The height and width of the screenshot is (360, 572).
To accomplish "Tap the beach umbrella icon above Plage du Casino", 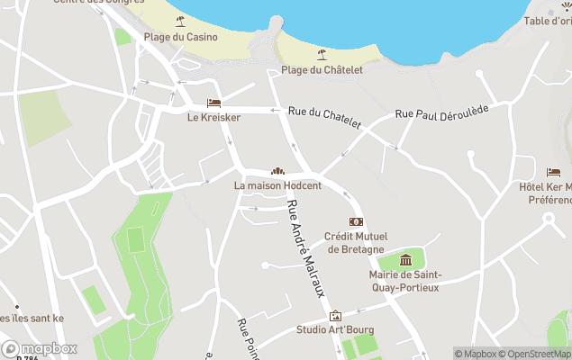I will tap(180, 21).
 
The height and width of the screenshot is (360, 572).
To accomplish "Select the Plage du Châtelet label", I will tap(309, 69).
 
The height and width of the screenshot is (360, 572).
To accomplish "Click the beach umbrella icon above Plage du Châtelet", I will tap(319, 53).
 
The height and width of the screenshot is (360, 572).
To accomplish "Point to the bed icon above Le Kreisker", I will tap(213, 103).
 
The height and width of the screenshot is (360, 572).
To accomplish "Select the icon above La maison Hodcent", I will tap(277, 171).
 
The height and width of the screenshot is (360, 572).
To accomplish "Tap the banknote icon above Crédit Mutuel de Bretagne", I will tap(356, 221).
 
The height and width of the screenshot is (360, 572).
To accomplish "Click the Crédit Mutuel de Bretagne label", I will tap(356, 242).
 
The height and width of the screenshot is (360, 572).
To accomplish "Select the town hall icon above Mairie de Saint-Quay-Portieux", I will tap(405, 261).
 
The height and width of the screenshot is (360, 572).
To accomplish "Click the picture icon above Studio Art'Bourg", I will tap(336, 315).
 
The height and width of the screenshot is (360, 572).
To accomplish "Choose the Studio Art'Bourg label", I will tap(335, 329).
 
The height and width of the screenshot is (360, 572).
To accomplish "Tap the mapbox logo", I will tap(40, 348).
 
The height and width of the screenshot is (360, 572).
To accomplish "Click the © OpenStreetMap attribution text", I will tap(535, 354).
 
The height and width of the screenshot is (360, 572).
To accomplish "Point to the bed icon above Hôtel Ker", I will tap(553, 171).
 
